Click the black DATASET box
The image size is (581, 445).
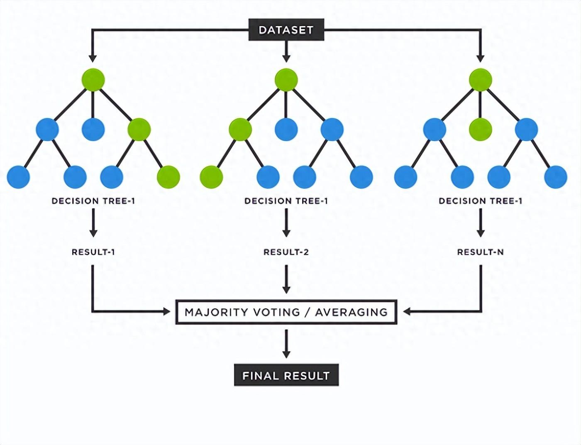[x=286, y=30]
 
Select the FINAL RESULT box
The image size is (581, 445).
[x=286, y=375]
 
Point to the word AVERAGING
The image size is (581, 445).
[x=352, y=312]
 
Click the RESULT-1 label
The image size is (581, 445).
[x=93, y=252]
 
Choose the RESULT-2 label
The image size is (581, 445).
[x=286, y=252]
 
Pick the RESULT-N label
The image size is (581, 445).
[x=481, y=252]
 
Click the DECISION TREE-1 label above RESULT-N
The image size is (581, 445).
[x=481, y=201]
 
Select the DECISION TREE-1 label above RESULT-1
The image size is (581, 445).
[x=93, y=201]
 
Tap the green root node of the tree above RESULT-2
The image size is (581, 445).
[x=286, y=80]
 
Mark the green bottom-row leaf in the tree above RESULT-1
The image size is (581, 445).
[x=168, y=177]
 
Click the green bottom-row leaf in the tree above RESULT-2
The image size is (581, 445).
[x=212, y=177]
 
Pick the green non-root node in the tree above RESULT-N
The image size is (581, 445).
[x=481, y=130]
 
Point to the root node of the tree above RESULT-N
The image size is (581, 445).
[x=481, y=80]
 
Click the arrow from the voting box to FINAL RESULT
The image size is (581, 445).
[x=286, y=344]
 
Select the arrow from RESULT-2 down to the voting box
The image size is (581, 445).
[x=286, y=279]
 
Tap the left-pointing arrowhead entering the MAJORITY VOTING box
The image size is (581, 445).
[x=407, y=312]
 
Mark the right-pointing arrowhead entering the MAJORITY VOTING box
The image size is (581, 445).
[x=166, y=312]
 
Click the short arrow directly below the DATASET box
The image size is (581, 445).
[x=286, y=51]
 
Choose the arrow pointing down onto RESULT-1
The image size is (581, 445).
[x=93, y=223]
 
